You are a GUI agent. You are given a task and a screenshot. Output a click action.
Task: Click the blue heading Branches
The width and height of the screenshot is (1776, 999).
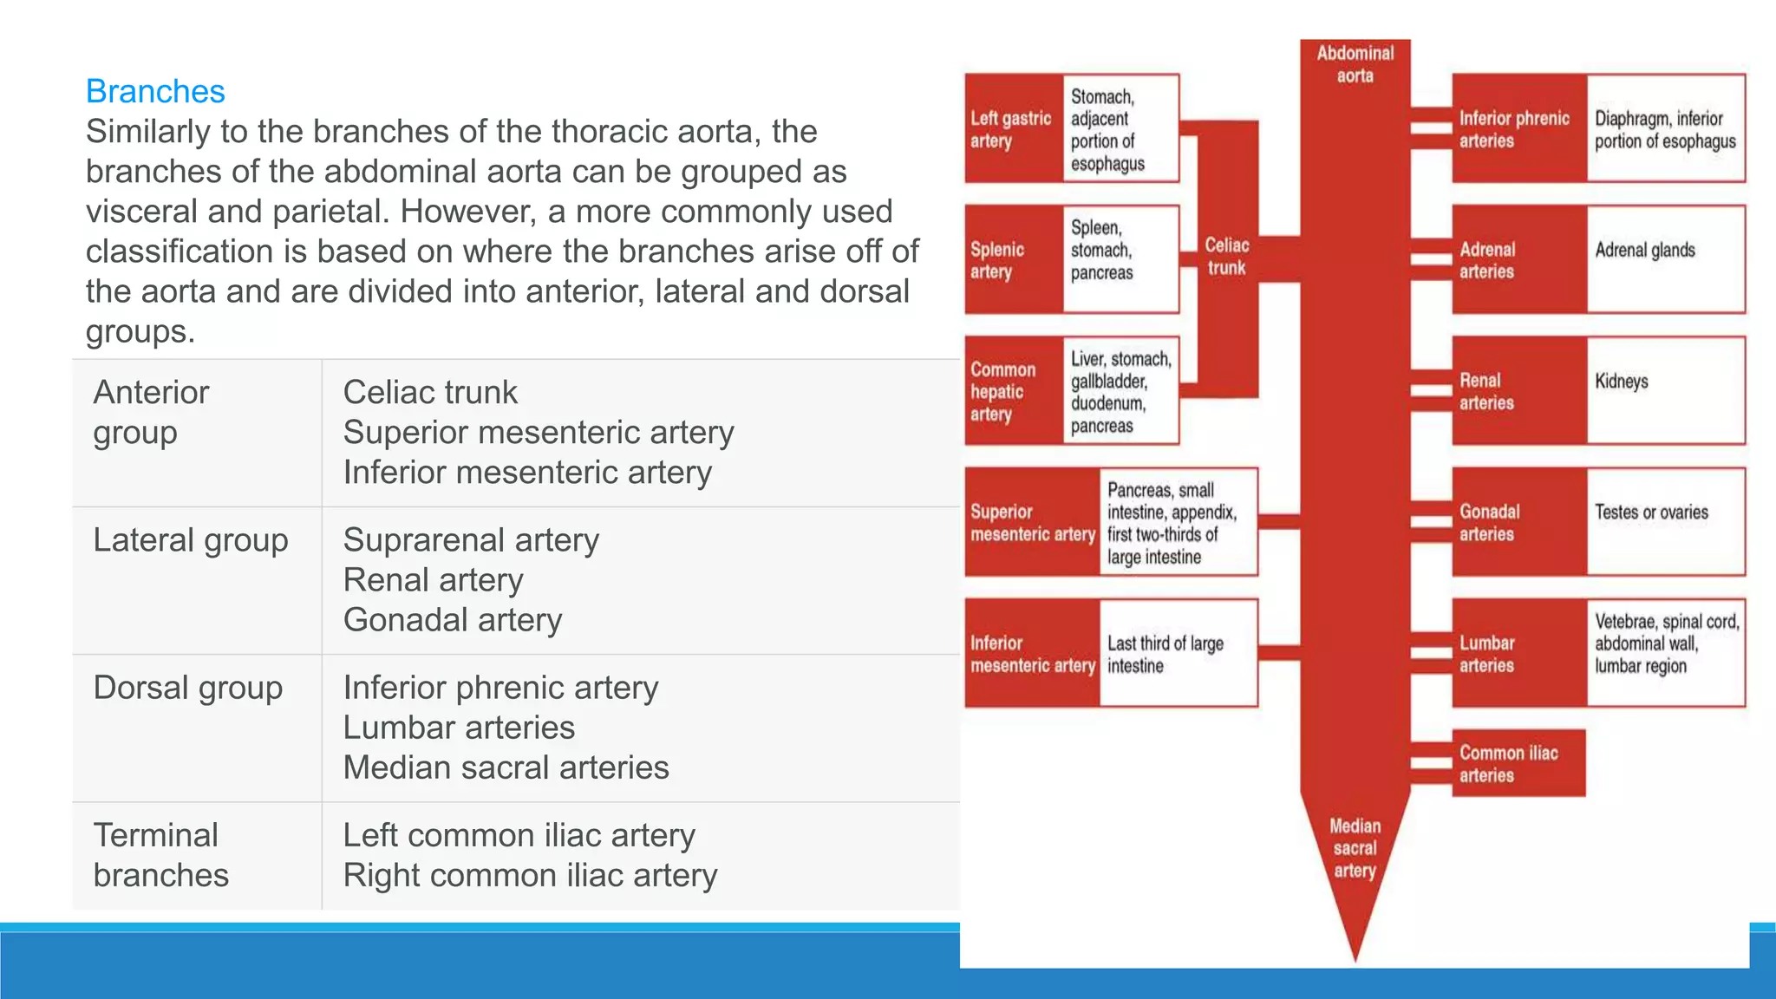click(x=155, y=91)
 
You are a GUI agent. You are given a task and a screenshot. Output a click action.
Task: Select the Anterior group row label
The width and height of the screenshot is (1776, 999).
click(x=151, y=412)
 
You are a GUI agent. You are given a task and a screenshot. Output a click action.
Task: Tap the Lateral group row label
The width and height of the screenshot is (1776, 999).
click(x=190, y=540)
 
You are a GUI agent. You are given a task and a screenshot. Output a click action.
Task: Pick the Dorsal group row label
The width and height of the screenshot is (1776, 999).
click(x=187, y=688)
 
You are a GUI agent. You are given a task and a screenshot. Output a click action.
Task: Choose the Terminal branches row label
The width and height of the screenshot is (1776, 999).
click(x=160, y=855)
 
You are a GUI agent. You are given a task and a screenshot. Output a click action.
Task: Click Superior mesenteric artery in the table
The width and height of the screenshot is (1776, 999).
click(x=538, y=432)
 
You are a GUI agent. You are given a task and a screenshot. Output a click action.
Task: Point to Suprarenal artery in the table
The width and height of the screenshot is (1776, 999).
click(x=471, y=540)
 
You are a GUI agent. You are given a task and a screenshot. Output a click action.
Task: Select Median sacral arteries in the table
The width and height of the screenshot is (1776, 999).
click(x=506, y=767)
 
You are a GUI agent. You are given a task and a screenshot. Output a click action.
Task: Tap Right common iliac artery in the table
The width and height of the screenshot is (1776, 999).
click(x=530, y=875)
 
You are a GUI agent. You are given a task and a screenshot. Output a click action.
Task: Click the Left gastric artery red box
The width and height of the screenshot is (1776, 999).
click(x=1012, y=129)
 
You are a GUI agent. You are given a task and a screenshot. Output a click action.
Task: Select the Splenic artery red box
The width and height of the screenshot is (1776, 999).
click(x=1012, y=260)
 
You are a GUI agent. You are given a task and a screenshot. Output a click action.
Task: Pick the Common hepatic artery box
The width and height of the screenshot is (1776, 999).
click(x=1012, y=391)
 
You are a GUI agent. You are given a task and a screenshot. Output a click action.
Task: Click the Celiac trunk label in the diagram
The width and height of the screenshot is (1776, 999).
click(x=1226, y=257)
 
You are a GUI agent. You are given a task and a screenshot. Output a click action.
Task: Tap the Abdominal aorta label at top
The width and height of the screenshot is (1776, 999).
click(x=1355, y=64)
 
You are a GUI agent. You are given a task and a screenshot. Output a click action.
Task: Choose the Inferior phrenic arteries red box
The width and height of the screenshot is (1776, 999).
click(x=1518, y=129)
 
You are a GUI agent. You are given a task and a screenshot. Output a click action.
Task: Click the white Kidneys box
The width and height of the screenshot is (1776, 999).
click(x=1665, y=390)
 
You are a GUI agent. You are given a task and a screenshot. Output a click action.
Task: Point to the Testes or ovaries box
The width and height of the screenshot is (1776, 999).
click(x=1665, y=521)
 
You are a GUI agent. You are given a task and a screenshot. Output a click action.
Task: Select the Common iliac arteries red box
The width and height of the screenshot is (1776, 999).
click(x=1518, y=764)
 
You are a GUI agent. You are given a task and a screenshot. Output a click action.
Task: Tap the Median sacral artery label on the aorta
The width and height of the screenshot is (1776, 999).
click(x=1355, y=848)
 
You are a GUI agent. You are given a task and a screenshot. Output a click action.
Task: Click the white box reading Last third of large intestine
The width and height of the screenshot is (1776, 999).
click(x=1178, y=654)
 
